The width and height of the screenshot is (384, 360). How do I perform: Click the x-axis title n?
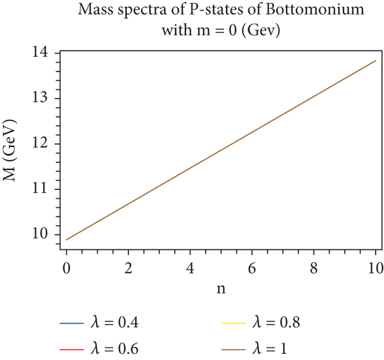[x=220, y=289]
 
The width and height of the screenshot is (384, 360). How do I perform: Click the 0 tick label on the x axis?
[x=67, y=267]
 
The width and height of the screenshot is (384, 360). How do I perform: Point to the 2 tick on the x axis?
[x=129, y=267]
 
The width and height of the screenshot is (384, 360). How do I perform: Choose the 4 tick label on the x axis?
[x=190, y=267]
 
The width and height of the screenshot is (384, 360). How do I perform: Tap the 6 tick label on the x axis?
[x=252, y=267]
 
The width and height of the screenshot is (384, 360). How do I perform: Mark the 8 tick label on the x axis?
[x=314, y=267]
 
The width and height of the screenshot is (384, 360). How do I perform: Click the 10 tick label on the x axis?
[x=375, y=267]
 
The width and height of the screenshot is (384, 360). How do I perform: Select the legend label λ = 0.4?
[x=116, y=323]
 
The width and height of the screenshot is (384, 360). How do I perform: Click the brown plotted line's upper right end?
[x=375, y=60]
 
